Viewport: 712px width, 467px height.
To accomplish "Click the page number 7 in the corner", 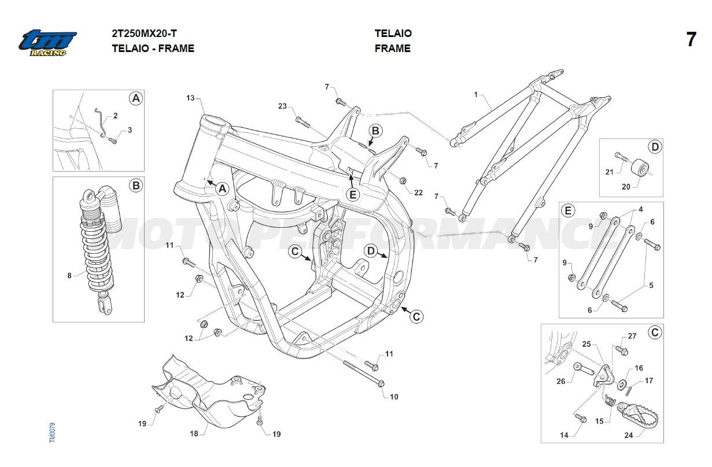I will (691, 40).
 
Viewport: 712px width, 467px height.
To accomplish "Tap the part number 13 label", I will (190, 98).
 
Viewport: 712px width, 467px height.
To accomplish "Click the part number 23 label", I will (282, 106).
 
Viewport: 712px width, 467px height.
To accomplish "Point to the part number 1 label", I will (476, 94).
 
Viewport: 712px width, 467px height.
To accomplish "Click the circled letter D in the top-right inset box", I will (655, 147).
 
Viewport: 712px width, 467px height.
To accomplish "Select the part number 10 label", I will (394, 397).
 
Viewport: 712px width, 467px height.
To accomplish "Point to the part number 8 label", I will (69, 276).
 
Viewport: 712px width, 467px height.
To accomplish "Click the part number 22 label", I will (419, 192).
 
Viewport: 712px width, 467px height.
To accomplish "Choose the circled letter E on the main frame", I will (352, 194).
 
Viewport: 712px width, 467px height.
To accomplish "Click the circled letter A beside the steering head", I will (223, 188).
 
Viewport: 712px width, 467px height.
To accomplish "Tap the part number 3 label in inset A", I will (130, 130).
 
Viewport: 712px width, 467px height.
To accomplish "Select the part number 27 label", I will (632, 336).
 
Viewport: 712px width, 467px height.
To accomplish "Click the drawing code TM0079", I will (52, 433).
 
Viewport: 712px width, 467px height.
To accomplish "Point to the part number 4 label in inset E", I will (641, 209).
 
